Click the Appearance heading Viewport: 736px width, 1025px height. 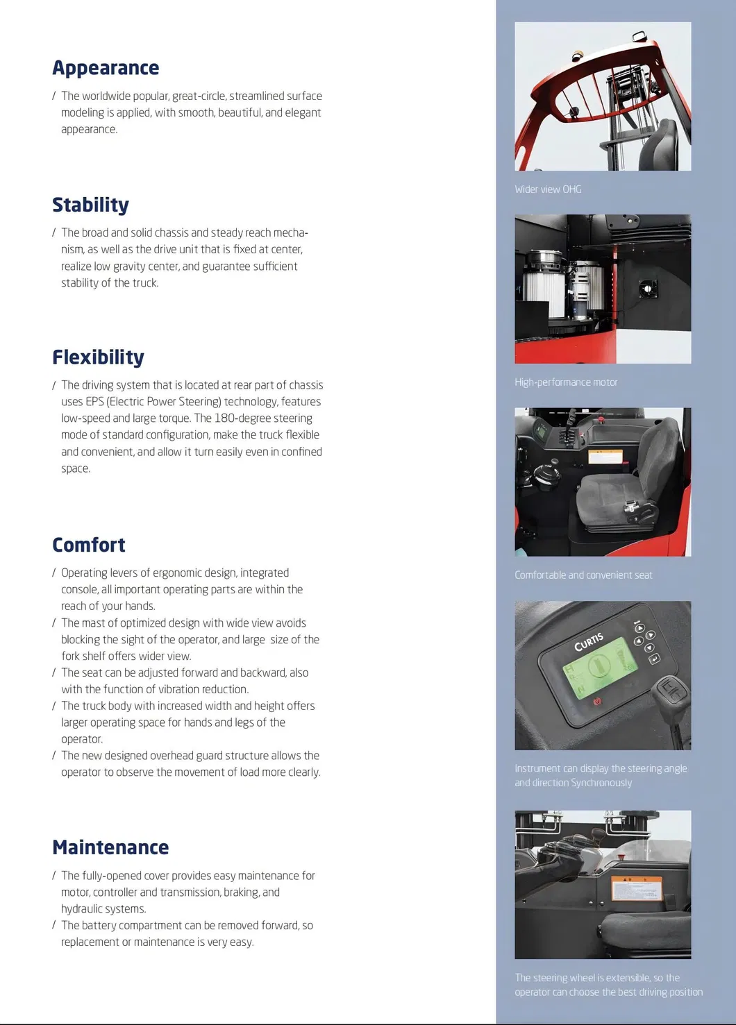(x=106, y=68)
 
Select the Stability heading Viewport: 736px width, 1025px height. (x=90, y=205)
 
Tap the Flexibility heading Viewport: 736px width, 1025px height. (x=98, y=357)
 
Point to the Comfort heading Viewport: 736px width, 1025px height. (x=89, y=545)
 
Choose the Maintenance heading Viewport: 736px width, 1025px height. (x=110, y=848)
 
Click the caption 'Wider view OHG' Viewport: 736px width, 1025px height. (x=548, y=189)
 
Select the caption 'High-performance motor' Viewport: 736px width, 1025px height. (x=565, y=382)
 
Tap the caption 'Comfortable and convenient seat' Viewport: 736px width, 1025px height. (x=583, y=575)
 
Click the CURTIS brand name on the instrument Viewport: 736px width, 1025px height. (x=589, y=642)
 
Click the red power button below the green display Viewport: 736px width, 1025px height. (x=596, y=702)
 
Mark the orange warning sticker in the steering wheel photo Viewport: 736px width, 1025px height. (x=637, y=888)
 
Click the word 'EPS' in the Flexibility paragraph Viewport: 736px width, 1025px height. (x=94, y=402)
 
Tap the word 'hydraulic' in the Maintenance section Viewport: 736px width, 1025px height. (x=83, y=909)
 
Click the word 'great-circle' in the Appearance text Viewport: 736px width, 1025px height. (x=198, y=96)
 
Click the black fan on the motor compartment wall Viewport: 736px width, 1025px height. (x=647, y=287)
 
